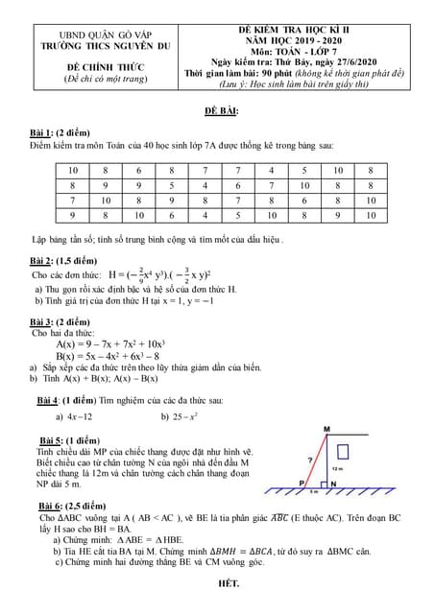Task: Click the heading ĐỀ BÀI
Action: (222, 111)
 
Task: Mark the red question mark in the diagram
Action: (309, 459)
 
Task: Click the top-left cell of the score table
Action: (73, 171)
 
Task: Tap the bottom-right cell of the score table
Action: (371, 216)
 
